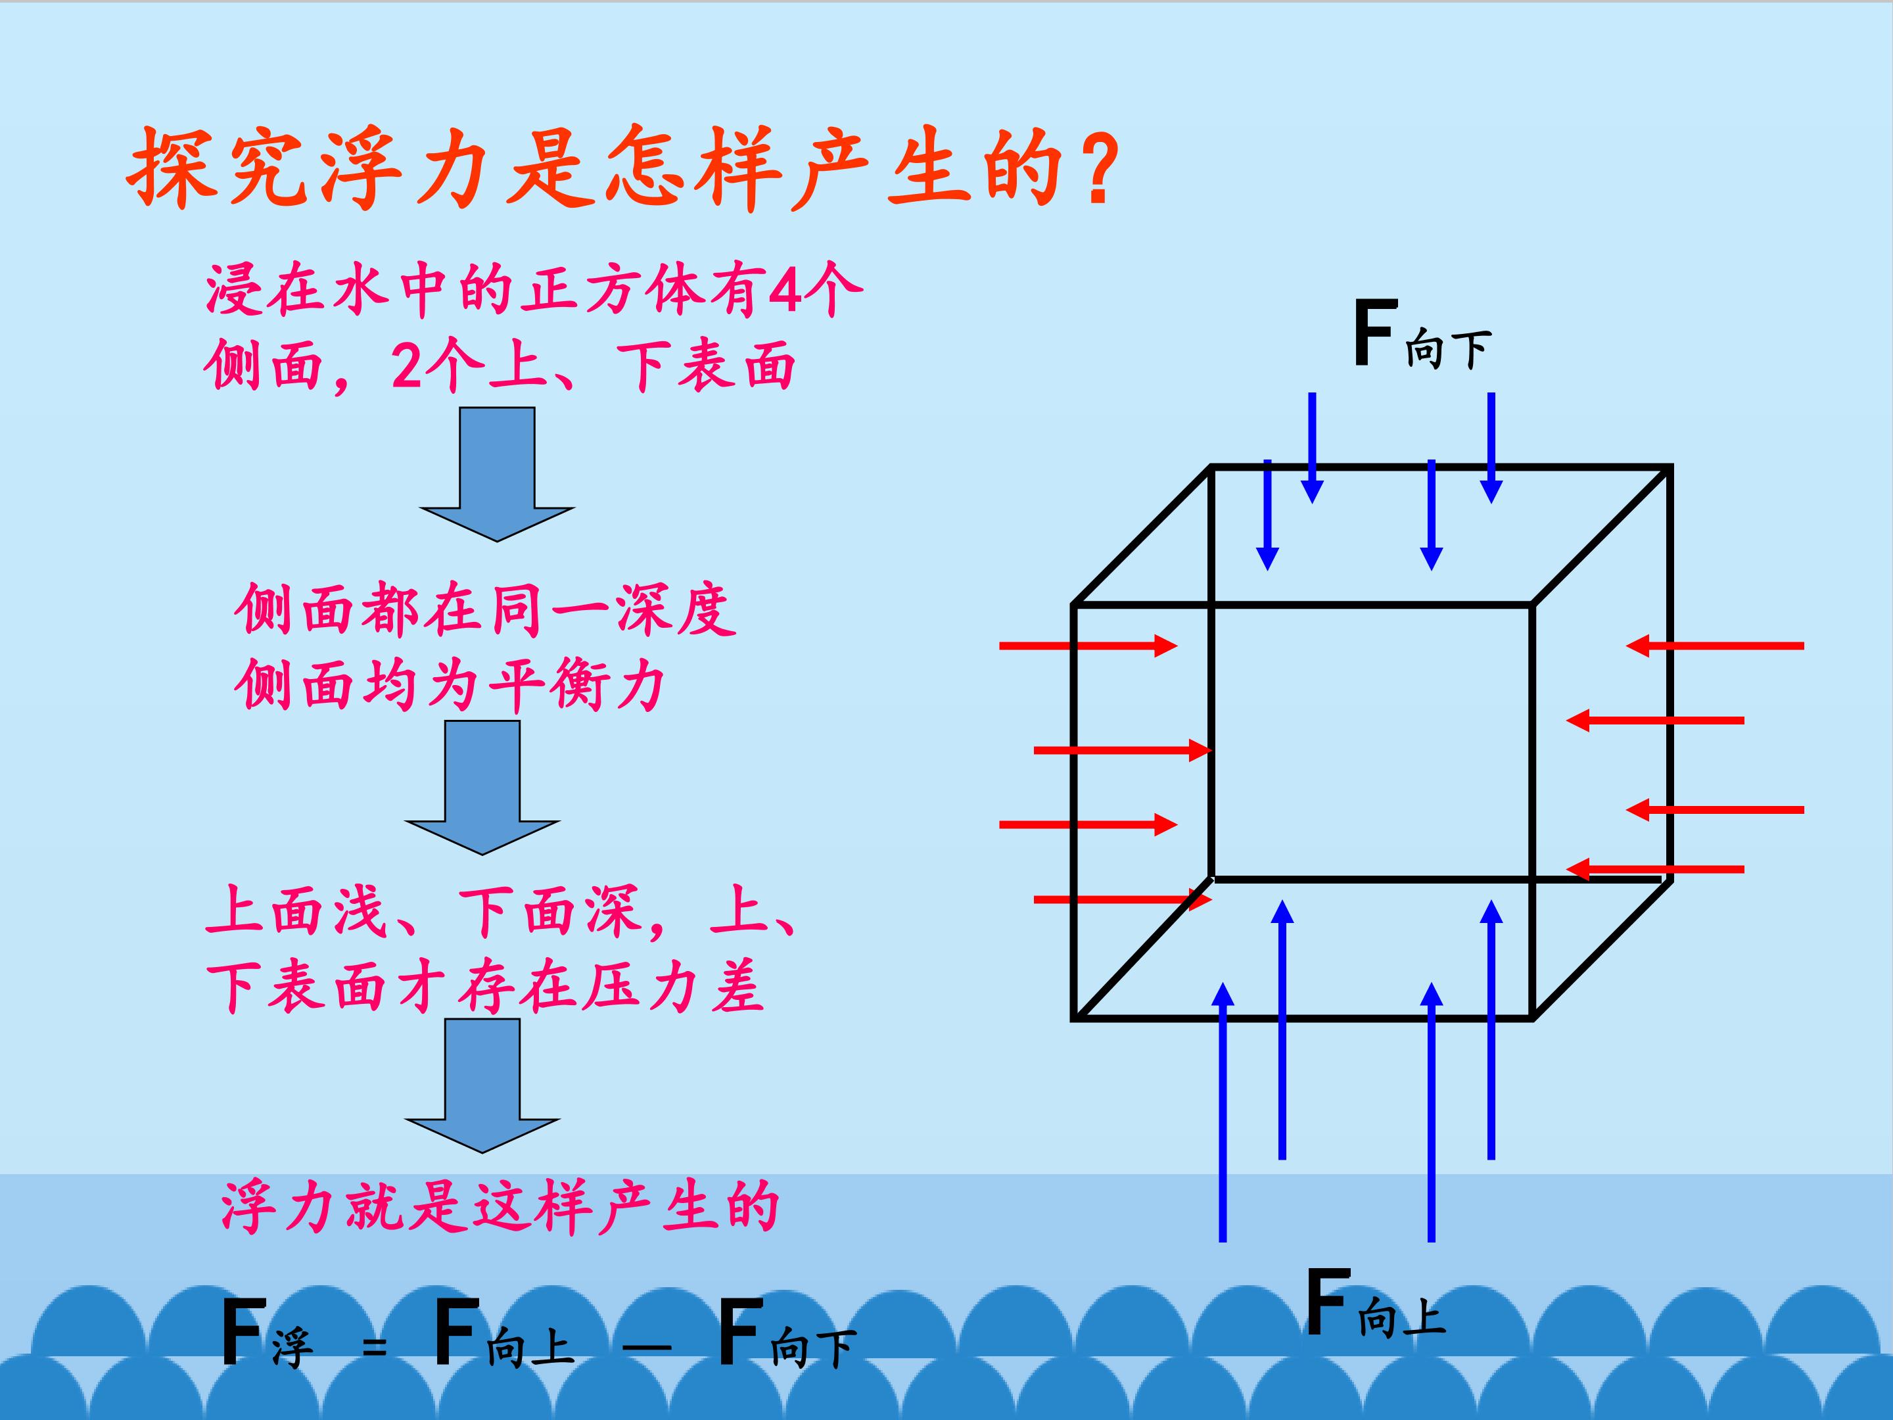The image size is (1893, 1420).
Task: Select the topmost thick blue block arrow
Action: point(497,474)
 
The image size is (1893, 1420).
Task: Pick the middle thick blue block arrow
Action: point(482,788)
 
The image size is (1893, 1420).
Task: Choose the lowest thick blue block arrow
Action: point(482,1085)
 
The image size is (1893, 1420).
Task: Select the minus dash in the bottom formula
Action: point(647,1347)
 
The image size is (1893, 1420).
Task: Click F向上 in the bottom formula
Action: point(504,1333)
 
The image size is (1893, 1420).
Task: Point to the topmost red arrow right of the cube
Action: point(1715,646)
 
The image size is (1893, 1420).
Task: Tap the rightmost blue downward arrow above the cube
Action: point(1491,448)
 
